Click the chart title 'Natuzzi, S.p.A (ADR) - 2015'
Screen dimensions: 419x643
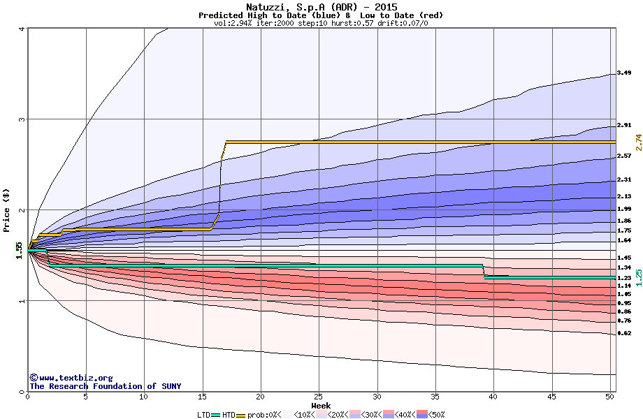point(321,7)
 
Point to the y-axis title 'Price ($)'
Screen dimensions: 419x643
point(7,210)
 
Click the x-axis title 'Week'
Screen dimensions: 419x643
point(321,405)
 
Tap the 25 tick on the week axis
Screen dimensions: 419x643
point(319,397)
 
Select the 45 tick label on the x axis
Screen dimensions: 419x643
point(552,397)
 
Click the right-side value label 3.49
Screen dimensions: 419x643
point(624,73)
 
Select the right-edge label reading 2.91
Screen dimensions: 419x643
point(624,126)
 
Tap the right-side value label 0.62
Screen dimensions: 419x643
point(624,334)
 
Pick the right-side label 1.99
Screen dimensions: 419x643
point(624,209)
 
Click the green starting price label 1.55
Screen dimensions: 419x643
point(20,249)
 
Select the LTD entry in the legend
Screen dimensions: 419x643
point(205,415)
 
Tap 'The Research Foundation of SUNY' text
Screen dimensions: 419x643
point(105,386)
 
